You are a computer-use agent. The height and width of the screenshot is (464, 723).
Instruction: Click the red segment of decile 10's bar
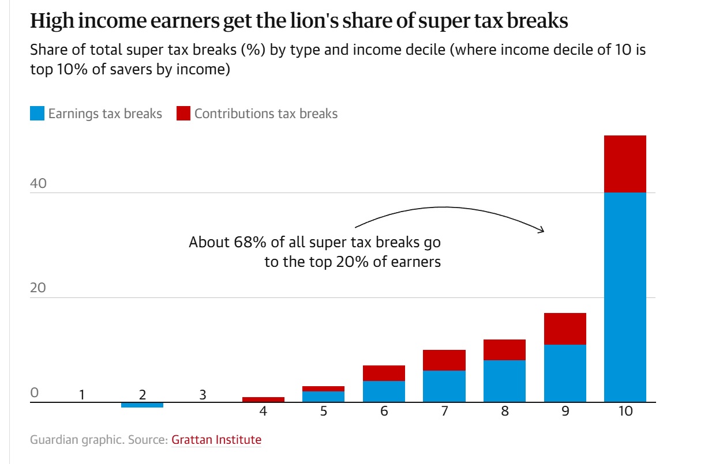[625, 164]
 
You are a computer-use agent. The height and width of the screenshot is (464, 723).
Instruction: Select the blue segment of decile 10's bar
[625, 297]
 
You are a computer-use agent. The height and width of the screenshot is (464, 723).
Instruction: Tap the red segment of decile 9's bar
[565, 329]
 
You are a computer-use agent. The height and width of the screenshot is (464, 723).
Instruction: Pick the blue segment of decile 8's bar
[504, 380]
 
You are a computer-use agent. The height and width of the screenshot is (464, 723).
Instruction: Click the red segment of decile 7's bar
[444, 360]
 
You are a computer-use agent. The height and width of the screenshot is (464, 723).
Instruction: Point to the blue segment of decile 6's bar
[384, 391]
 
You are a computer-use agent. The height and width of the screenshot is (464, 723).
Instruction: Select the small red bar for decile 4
[264, 399]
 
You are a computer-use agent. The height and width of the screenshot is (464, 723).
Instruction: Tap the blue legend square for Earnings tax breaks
[37, 114]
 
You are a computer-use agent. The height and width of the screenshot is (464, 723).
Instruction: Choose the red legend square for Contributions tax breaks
[183, 114]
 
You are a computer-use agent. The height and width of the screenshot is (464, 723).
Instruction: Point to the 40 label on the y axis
[38, 184]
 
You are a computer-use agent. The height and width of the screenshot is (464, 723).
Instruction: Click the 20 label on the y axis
[38, 288]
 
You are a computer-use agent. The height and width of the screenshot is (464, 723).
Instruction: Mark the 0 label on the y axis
[34, 393]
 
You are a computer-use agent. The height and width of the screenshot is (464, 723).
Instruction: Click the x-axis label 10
[625, 412]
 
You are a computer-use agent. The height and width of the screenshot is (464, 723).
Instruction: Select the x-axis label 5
[324, 412]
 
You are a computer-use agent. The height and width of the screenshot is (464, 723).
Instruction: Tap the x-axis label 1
[83, 395]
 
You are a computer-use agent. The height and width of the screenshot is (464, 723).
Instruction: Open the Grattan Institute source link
[216, 440]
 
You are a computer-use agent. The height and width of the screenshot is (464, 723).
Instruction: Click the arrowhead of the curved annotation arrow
[541, 231]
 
